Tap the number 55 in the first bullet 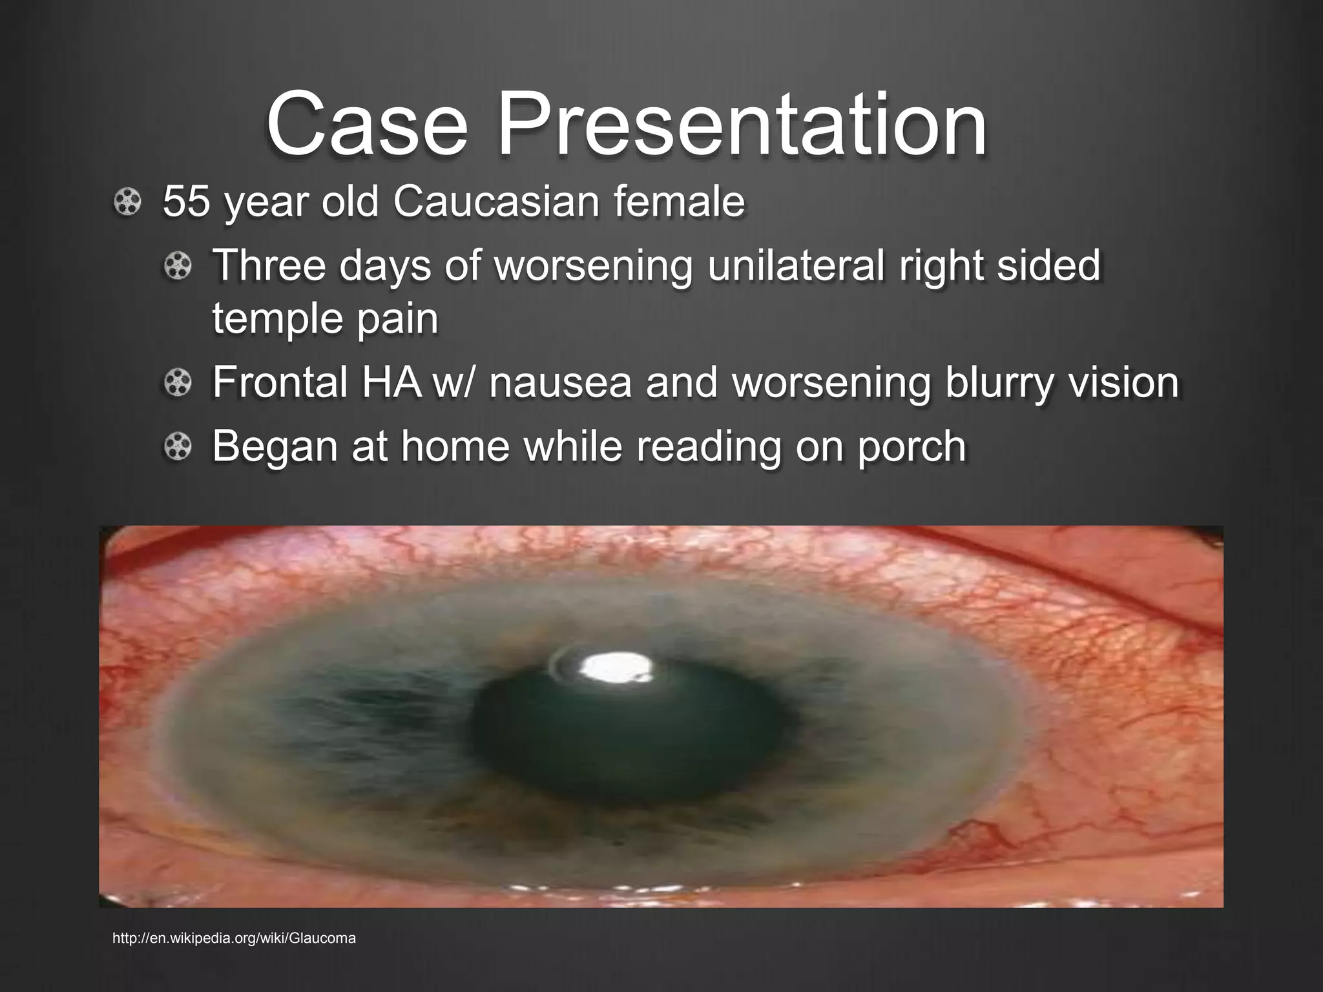[x=187, y=201]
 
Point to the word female [x=688, y=201]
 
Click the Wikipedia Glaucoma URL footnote [x=234, y=938]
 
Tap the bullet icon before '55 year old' [x=127, y=203]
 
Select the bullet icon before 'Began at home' [x=178, y=448]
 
